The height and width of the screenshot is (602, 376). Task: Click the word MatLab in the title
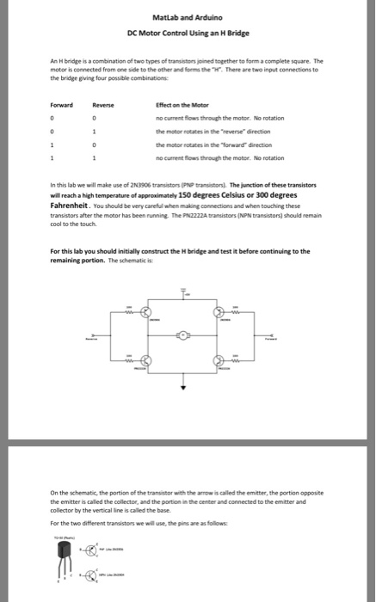165,17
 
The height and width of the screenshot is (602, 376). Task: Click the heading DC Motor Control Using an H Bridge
188,33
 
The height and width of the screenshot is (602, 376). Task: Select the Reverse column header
102,105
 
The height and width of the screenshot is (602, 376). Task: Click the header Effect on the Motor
183,105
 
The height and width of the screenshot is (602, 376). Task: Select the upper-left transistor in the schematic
145,311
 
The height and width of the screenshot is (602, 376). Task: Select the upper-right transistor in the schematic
218,311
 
